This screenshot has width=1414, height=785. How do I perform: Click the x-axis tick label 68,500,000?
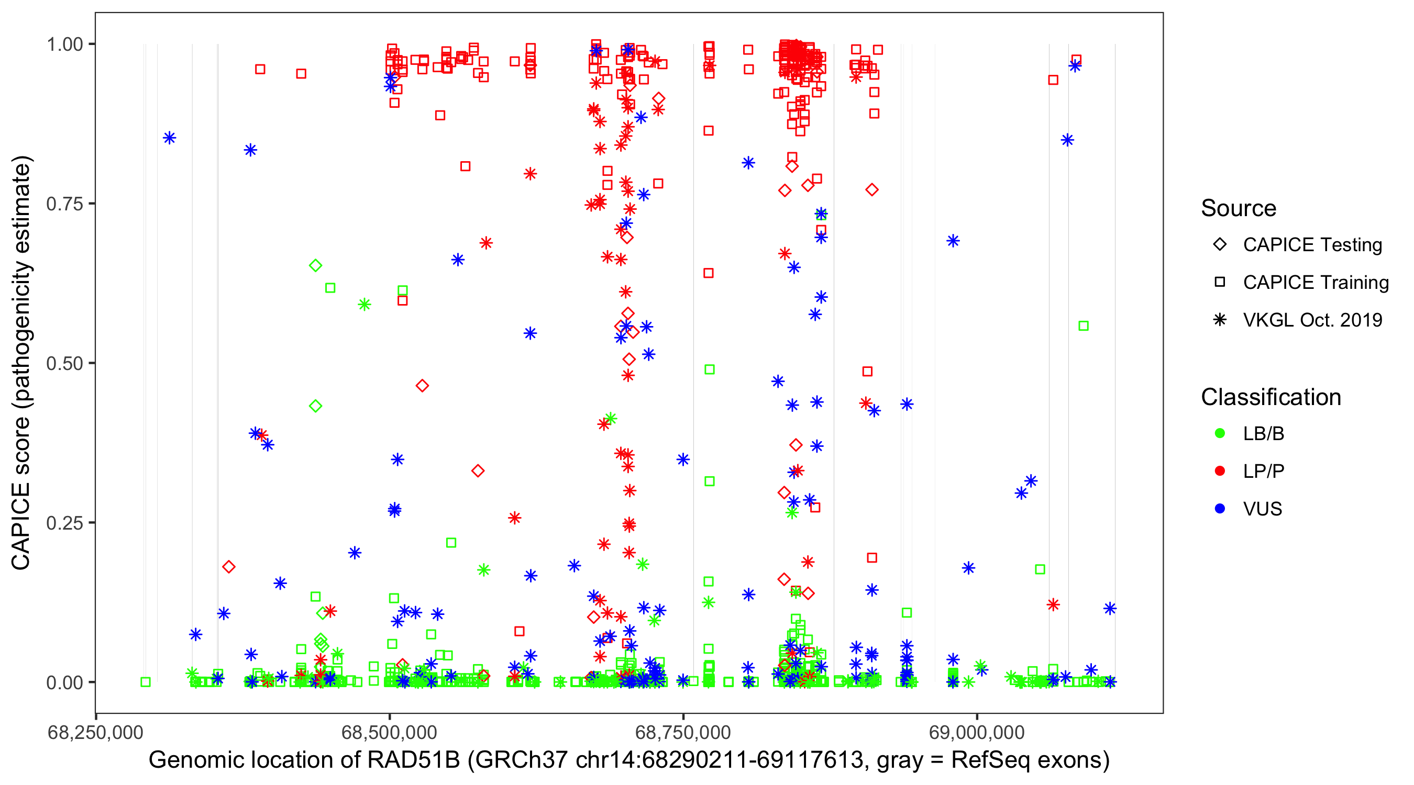(x=389, y=733)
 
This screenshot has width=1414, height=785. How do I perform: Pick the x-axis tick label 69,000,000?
(x=977, y=733)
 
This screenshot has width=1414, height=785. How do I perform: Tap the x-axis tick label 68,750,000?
(x=683, y=733)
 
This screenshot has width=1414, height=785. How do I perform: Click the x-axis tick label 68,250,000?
(x=95, y=733)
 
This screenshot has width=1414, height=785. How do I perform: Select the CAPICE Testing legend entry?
(x=1312, y=245)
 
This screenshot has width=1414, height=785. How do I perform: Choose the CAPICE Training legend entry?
(x=1315, y=283)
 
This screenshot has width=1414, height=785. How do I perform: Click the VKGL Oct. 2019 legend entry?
(x=1312, y=320)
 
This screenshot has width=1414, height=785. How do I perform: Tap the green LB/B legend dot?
(x=1220, y=434)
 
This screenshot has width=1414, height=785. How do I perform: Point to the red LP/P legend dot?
(x=1220, y=471)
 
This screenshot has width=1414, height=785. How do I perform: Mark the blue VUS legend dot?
(x=1220, y=509)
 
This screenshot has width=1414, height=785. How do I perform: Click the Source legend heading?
(x=1239, y=208)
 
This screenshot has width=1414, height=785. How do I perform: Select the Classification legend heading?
(x=1271, y=397)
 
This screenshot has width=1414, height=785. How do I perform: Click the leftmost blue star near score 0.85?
(x=170, y=138)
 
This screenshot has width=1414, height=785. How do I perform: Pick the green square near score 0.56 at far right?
(x=1083, y=326)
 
